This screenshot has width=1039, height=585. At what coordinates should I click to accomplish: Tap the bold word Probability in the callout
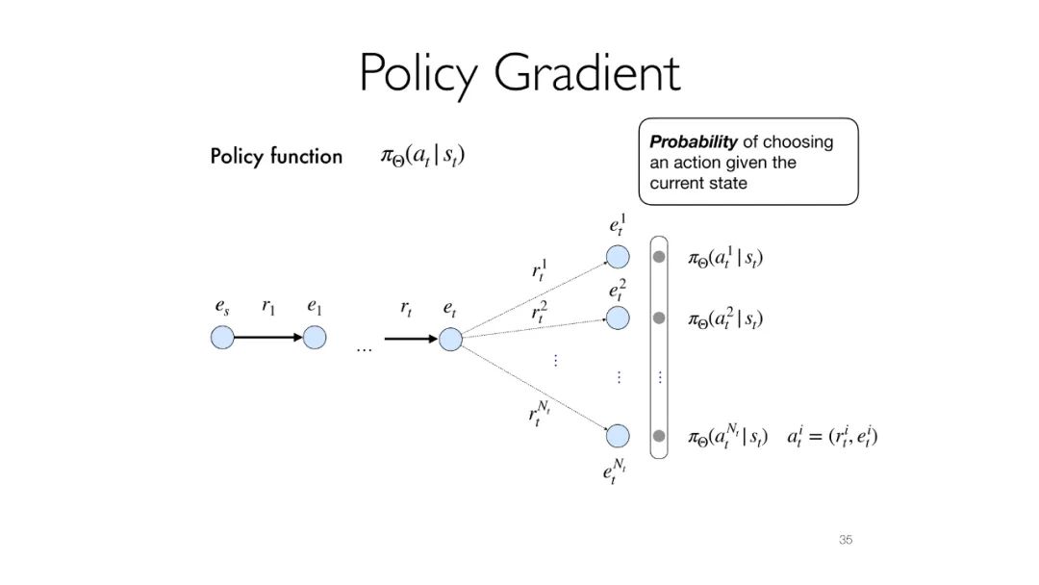click(x=694, y=141)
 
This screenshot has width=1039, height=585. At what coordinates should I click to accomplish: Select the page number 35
click(x=845, y=540)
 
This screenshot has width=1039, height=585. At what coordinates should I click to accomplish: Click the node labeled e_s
click(x=222, y=338)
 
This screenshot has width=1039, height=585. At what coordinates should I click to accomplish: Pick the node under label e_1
click(x=315, y=338)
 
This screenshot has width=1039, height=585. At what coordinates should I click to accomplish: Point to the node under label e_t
click(x=450, y=339)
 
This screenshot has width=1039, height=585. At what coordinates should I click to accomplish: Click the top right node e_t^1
click(x=617, y=257)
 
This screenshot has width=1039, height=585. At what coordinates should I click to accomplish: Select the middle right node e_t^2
click(x=617, y=318)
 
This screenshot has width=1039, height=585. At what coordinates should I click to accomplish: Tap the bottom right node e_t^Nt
click(x=617, y=436)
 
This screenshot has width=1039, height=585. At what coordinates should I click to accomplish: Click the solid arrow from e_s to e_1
click(x=268, y=338)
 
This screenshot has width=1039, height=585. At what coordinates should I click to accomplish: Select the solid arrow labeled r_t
click(x=411, y=339)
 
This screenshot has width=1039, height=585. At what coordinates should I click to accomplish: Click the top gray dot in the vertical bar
click(x=659, y=257)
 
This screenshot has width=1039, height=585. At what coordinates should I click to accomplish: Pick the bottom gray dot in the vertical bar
click(x=659, y=436)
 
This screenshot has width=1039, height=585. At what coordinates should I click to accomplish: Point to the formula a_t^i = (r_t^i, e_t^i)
click(x=832, y=437)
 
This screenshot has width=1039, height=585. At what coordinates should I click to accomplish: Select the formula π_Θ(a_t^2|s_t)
click(x=725, y=318)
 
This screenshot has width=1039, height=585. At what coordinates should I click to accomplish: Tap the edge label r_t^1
click(x=540, y=269)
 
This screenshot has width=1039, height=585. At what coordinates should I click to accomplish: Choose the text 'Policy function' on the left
click(x=276, y=157)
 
